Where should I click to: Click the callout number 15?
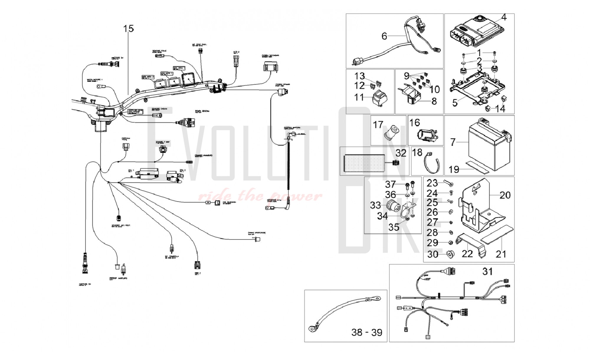coord(129,29)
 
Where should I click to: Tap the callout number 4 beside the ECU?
coord(504,17)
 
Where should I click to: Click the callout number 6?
coord(384,36)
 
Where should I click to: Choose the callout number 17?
coord(378,125)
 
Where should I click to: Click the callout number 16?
coord(414,122)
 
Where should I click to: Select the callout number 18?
coord(417,152)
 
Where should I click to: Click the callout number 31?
coord(488,271)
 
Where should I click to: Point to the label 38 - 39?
coord(367,332)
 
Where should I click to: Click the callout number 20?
coord(505,195)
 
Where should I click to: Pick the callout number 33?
coord(376,205)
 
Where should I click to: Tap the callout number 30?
coord(433,254)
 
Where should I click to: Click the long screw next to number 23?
coord(448,184)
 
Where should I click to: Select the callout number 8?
coord(434,101)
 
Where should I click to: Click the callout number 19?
coord(454,169)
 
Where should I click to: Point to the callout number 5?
coord(455,102)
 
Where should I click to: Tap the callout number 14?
coord(500,109)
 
